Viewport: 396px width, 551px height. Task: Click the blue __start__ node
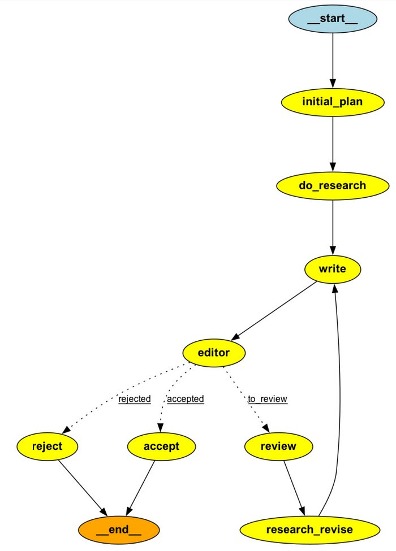tap(333, 18)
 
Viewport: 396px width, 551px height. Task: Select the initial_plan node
tap(333, 102)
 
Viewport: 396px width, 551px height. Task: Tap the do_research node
tap(333, 185)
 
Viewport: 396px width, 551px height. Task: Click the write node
tap(333, 270)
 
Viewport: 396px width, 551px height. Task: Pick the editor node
tap(214, 353)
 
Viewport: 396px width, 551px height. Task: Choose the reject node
tap(48, 446)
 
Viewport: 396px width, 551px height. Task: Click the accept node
tap(161, 446)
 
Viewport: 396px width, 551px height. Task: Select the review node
tap(278, 446)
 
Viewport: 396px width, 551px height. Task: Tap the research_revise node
tap(309, 530)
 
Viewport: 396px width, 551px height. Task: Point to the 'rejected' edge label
tap(135, 399)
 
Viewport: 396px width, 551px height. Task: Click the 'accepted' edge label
tap(186, 399)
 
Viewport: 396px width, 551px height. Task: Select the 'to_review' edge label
tap(268, 399)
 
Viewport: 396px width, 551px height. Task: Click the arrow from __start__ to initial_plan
tap(333, 59)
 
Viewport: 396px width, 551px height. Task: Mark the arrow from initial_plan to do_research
tap(333, 144)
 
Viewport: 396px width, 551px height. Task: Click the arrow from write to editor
tap(274, 311)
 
